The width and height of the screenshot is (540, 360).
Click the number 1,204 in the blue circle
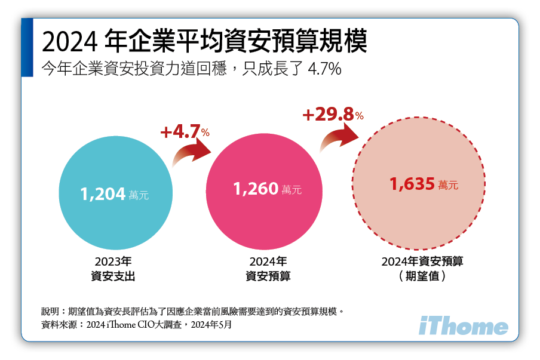[x=102, y=193]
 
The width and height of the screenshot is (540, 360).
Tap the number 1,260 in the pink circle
[x=256, y=189]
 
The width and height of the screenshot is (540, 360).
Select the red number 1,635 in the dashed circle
[x=412, y=184]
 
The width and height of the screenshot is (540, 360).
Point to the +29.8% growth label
[x=333, y=115]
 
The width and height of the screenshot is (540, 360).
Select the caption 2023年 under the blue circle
[x=113, y=261]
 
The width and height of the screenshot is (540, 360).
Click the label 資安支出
[x=113, y=276]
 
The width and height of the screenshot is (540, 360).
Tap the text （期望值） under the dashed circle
[x=422, y=276]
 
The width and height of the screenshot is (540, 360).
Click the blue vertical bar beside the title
[x=27, y=47]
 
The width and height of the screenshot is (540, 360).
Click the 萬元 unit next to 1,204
[x=139, y=195]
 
